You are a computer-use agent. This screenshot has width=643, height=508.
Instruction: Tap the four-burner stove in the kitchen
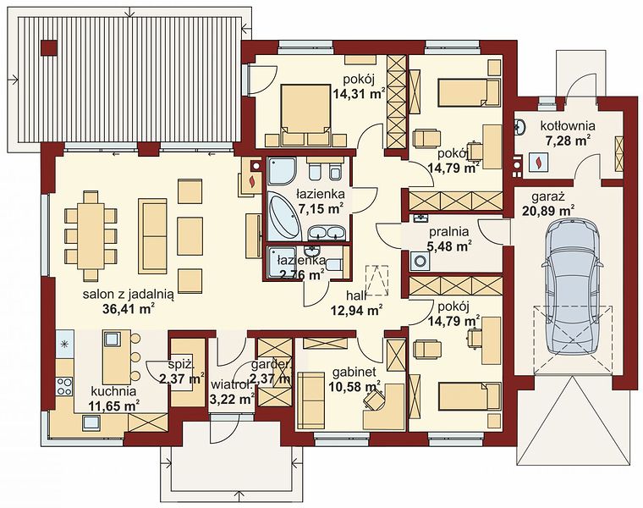coord(64,386)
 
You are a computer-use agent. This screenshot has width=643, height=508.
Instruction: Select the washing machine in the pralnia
coord(420,261)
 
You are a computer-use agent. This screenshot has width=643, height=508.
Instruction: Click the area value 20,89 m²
coord(548,212)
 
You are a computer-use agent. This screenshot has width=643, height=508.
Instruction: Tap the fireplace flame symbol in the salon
coord(253,180)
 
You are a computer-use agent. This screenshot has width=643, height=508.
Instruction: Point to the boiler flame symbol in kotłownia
coord(537,162)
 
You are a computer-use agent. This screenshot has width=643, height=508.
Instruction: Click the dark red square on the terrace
coord(49,47)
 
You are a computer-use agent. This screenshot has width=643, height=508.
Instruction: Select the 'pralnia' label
coord(449,232)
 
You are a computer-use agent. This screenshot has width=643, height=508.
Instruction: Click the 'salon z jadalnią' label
coord(129,295)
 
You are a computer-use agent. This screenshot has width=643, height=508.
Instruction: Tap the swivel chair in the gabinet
coord(374,399)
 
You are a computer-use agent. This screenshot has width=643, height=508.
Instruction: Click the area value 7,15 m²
coord(321,209)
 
